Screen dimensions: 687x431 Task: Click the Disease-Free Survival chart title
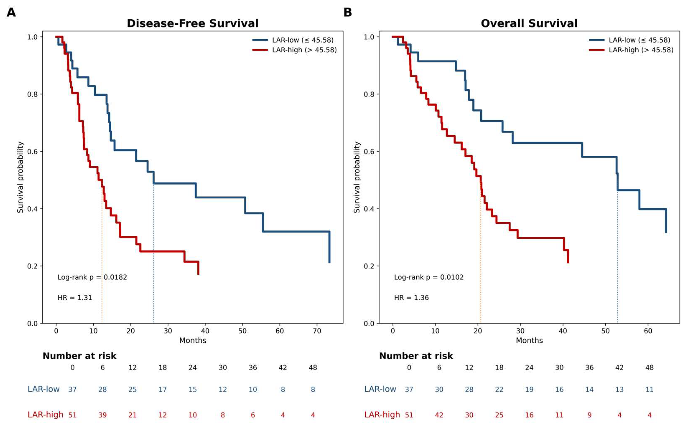click(x=193, y=23)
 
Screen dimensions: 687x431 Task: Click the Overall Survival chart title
click(x=529, y=23)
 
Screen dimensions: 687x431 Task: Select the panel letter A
click(x=11, y=12)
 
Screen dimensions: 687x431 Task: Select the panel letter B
click(x=348, y=12)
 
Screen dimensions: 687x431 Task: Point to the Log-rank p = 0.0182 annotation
click(x=92, y=277)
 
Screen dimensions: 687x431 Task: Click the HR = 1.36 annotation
click(x=411, y=298)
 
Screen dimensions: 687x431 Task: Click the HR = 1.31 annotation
click(x=75, y=298)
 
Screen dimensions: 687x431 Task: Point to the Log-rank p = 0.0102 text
click(x=429, y=277)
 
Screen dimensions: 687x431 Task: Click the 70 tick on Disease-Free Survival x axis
click(x=317, y=331)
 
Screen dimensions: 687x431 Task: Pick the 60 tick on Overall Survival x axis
click(x=648, y=331)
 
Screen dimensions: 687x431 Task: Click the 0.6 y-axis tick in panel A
click(x=33, y=151)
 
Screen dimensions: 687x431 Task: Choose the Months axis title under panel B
click(x=529, y=340)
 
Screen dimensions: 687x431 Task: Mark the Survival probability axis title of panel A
click(x=20, y=177)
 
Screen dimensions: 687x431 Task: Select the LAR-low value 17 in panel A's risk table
click(x=163, y=389)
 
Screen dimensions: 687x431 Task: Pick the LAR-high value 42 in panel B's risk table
click(x=439, y=415)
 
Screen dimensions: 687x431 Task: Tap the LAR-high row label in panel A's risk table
click(x=45, y=415)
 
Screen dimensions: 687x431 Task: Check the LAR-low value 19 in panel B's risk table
click(x=529, y=389)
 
